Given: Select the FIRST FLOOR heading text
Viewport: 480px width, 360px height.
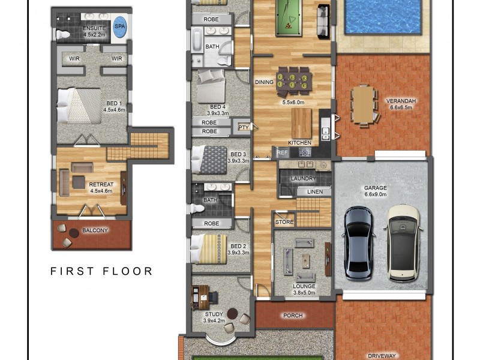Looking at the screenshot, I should point(101,271).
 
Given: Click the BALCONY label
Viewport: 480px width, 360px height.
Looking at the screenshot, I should point(95,230).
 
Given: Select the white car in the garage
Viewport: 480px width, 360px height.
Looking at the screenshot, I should point(403,242).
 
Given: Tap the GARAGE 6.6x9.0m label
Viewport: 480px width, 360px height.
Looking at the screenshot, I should point(376,191).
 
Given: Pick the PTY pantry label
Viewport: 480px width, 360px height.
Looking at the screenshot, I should point(243,127).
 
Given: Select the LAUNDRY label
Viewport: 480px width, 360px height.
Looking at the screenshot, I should point(303,179).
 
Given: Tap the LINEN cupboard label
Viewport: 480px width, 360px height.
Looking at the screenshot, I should point(315,192).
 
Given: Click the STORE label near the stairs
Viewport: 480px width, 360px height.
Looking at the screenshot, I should point(284,222).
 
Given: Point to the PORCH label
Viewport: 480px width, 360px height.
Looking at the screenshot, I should point(293,316).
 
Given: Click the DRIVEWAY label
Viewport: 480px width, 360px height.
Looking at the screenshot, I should point(382,355).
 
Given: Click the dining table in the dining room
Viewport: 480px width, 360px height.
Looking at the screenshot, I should point(293,80).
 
